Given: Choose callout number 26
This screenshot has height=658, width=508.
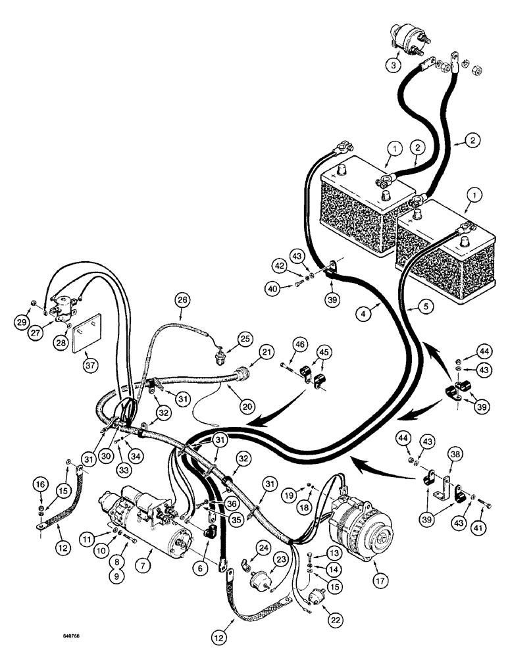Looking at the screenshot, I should pyautogui.click(x=182, y=300).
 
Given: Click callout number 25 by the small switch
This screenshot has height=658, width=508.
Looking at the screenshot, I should pyautogui.click(x=245, y=339).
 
